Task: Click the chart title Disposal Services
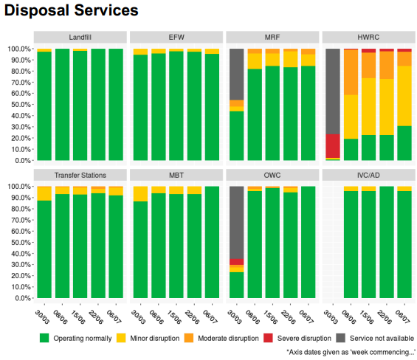72,10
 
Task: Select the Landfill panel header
80,37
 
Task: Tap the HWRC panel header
368,37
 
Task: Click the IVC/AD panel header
368,176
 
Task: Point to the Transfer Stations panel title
80,176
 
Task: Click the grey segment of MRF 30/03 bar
237,75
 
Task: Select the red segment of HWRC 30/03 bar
333,146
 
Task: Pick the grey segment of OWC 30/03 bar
237,223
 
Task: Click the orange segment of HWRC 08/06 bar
351,72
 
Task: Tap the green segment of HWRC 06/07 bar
404,143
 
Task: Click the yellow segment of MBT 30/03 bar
140,194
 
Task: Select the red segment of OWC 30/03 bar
237,262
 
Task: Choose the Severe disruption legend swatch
268,338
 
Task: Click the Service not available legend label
382,338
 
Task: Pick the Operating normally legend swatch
44,338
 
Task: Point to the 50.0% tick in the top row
21,105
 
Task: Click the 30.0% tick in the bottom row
21,265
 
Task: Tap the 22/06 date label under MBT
192,317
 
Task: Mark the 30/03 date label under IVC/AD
331,317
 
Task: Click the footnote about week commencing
351,353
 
